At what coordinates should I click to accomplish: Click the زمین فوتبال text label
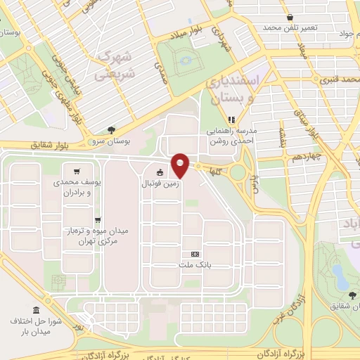pos(160,184)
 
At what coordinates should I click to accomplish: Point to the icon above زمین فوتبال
pos(160,173)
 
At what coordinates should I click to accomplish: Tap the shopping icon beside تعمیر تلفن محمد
pos(289,17)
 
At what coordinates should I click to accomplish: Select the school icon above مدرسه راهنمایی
pos(233,118)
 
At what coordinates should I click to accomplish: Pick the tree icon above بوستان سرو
pos(111,129)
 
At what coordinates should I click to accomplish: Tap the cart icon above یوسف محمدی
pos(76,170)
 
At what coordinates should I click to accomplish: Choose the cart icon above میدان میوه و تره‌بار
pos(98,219)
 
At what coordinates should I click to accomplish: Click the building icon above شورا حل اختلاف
pos(36,311)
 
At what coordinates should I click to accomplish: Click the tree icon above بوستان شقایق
pos(352,295)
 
